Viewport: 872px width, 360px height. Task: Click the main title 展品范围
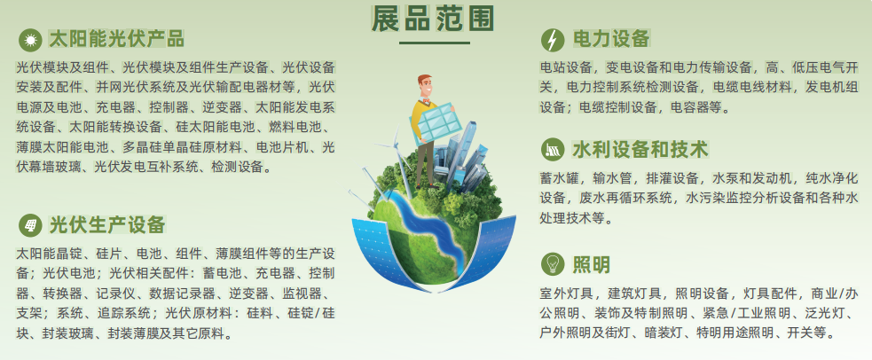(432, 20)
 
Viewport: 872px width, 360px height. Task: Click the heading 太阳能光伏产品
(116, 39)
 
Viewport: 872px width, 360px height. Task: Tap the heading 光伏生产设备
(107, 225)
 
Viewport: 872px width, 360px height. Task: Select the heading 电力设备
(611, 39)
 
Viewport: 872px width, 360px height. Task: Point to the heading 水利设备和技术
(640, 150)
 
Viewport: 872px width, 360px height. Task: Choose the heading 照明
(591, 264)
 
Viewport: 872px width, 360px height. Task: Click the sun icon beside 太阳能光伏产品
(30, 40)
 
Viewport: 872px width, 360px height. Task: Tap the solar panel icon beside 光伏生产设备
(30, 225)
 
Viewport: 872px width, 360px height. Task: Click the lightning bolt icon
(553, 40)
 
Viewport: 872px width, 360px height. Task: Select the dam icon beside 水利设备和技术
(553, 150)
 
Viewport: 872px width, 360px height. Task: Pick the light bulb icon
(553, 264)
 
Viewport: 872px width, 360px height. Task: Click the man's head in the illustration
(425, 86)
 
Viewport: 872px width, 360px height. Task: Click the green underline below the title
(435, 43)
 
